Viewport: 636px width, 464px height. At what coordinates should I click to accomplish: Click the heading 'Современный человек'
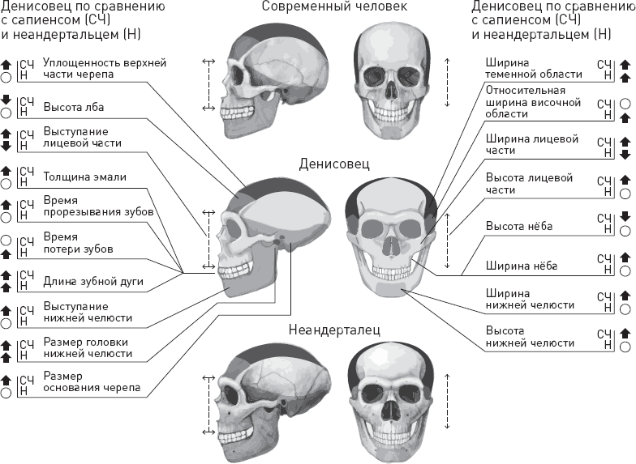[x=334, y=7]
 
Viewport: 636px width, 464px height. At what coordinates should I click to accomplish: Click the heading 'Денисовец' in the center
[x=334, y=164]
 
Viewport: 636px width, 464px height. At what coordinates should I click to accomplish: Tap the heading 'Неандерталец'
[x=334, y=330]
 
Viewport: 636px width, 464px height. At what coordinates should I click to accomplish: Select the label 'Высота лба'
[x=73, y=106]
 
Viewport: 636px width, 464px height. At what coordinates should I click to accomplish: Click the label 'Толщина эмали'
[x=84, y=176]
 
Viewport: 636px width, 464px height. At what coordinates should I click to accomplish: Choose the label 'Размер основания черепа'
[x=92, y=381]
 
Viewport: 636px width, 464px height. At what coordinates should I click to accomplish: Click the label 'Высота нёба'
[x=518, y=226]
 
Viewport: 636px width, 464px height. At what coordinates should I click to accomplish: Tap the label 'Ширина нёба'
[x=519, y=265]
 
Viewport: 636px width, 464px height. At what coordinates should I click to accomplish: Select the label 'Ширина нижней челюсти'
[x=530, y=299]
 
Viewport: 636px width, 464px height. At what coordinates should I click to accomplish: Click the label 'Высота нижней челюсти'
[x=530, y=337]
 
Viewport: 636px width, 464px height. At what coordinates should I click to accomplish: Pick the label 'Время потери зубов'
[x=77, y=242]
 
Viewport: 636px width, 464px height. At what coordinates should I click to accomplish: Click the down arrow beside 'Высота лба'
[x=6, y=100]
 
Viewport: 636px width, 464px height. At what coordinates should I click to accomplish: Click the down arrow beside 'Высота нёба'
[x=625, y=217]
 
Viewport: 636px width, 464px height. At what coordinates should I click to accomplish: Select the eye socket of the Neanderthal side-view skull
[x=234, y=398]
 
